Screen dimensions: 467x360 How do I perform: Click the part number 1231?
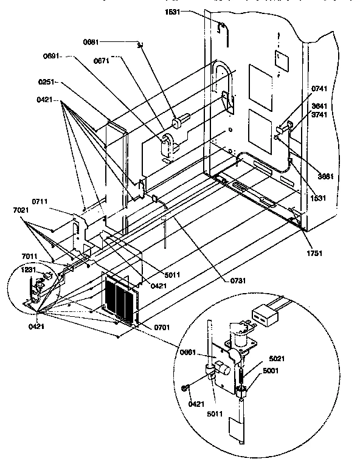pyautogui.click(x=29, y=269)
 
